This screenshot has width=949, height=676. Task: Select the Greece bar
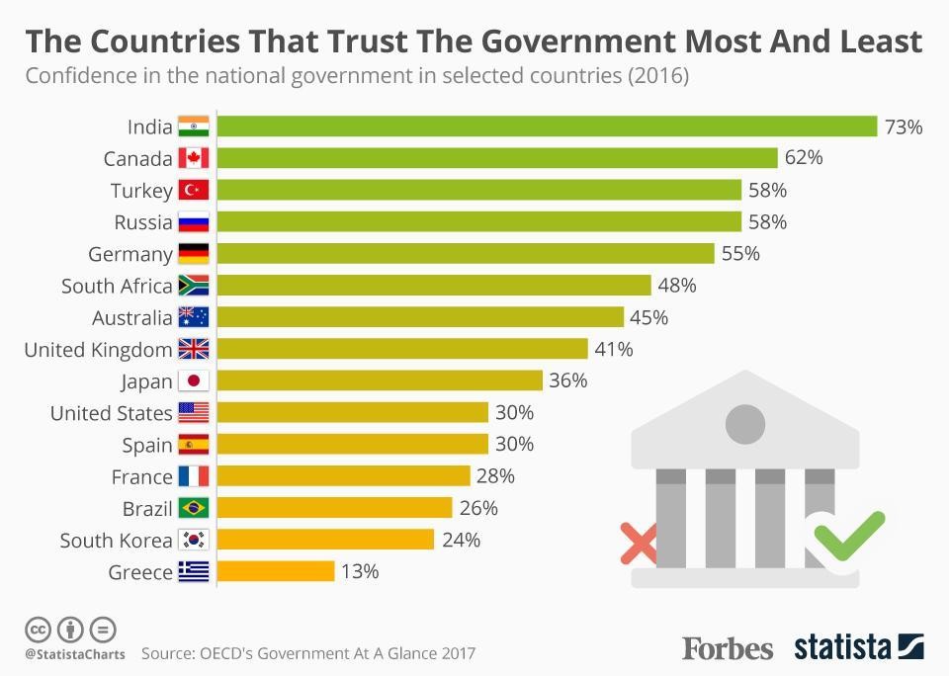(276, 571)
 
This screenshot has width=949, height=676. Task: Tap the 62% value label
(803, 158)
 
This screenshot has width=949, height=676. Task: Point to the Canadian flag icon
(194, 158)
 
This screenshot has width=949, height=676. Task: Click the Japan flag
(194, 381)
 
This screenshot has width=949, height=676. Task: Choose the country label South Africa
(117, 286)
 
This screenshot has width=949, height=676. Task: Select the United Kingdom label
(98, 349)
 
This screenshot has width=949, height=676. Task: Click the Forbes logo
(728, 648)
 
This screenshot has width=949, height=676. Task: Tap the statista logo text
(843, 647)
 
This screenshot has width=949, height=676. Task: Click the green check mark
(848, 534)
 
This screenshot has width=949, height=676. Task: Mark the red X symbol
(638, 543)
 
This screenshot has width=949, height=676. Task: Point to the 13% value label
(359, 571)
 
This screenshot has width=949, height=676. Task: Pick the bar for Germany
(465, 254)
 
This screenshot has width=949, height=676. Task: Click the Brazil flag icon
(194, 508)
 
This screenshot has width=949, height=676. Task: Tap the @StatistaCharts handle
(75, 653)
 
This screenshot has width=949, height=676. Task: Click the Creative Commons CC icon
(39, 629)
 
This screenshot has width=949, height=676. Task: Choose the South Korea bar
(325, 540)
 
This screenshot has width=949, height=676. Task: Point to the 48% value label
(676, 286)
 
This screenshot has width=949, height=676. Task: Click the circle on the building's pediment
(745, 424)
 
